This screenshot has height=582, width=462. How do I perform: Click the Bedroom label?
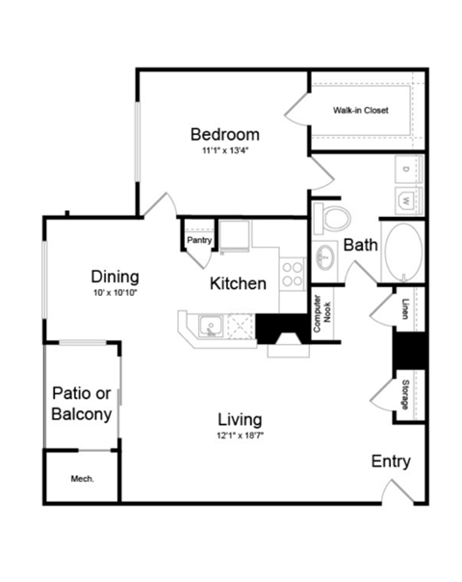pos(224,134)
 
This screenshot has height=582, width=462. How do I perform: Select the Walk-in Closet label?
pos(361,111)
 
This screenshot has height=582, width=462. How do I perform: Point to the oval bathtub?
pos(401,252)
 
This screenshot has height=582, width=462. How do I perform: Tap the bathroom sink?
pos(326,257)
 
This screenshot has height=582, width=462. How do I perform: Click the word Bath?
pos(360,245)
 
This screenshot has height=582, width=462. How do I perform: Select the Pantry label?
pos(199,240)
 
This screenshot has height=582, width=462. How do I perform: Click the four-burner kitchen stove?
pos(292,273)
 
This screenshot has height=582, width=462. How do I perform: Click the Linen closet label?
pos(404,308)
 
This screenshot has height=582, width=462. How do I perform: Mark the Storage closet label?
pos(404,394)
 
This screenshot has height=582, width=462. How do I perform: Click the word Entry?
pos(391,462)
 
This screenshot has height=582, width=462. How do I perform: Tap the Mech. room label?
pos(82,478)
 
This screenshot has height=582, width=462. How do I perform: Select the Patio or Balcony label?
pos(81,404)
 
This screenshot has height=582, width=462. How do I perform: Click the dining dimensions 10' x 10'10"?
pos(115,291)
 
